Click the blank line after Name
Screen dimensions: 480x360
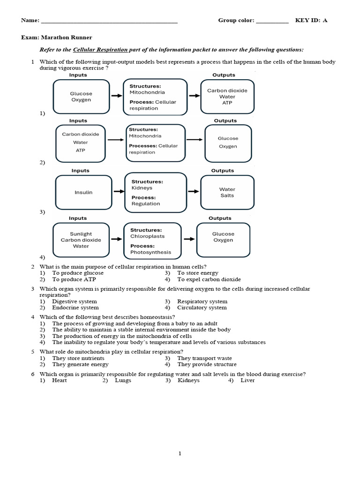click(x=109, y=21)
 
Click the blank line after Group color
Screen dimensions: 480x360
click(x=272, y=21)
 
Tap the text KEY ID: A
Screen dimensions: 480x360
click(x=311, y=20)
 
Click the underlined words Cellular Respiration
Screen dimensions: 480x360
click(x=100, y=50)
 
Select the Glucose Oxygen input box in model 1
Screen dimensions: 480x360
click(x=81, y=97)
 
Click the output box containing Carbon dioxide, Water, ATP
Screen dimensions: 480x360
click(x=227, y=97)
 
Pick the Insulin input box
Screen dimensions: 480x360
click(x=83, y=192)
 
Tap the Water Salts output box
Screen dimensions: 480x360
click(x=227, y=192)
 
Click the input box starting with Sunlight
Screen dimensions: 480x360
click(x=81, y=240)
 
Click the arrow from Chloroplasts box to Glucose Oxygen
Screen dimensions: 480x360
click(x=188, y=239)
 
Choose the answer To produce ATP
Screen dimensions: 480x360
click(x=74, y=279)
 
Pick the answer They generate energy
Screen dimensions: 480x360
click(x=80, y=364)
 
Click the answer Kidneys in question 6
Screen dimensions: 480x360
click(x=188, y=381)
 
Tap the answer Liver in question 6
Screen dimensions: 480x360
click(x=247, y=381)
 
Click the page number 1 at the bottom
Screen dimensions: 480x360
click(x=180, y=453)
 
